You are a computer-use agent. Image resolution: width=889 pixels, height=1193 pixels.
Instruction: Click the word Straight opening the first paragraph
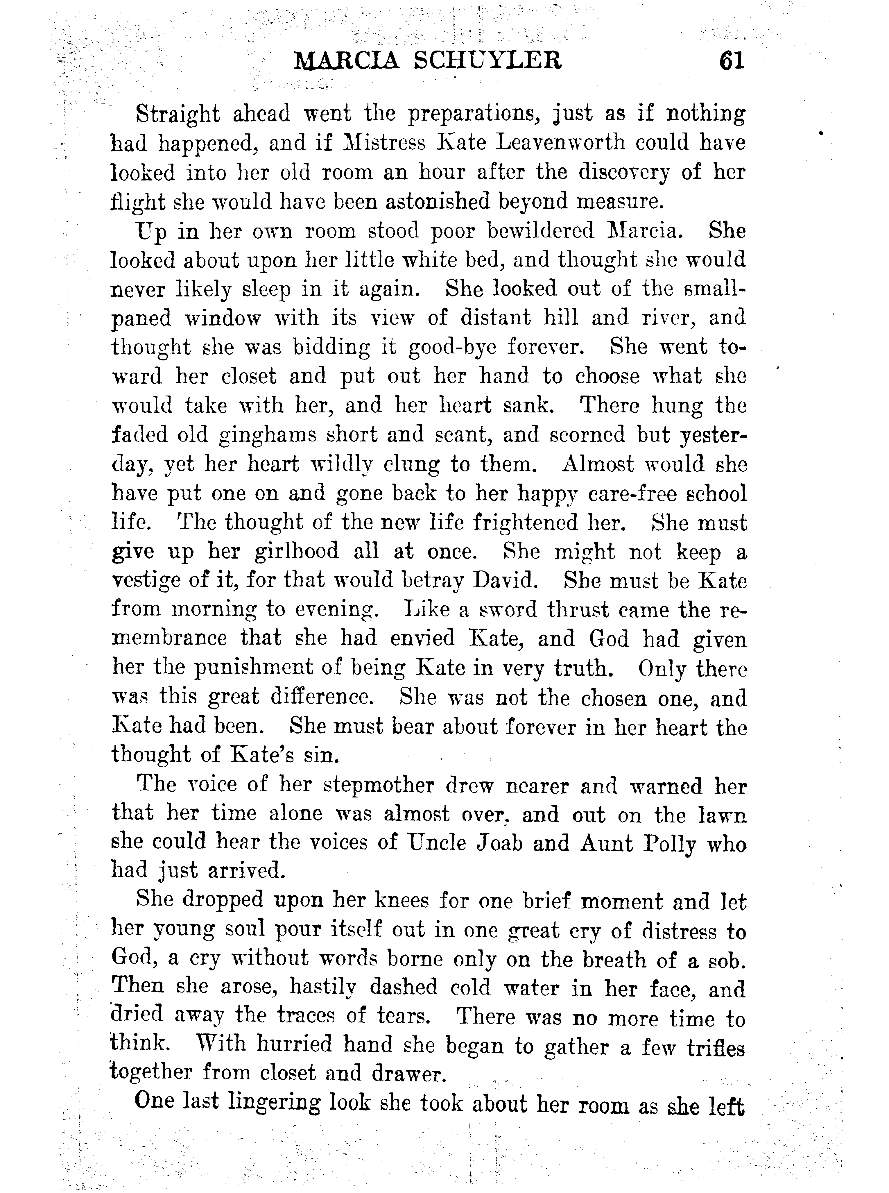[x=178, y=114]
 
